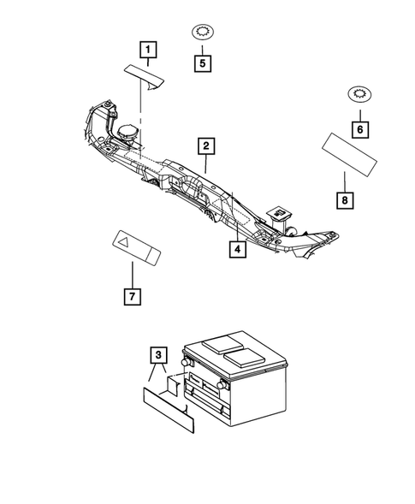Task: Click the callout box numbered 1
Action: pyautogui.click(x=149, y=49)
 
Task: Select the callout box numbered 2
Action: pyautogui.click(x=206, y=145)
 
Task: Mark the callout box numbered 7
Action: pyautogui.click(x=133, y=298)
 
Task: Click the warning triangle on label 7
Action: pyautogui.click(x=124, y=244)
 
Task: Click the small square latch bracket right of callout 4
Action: pyautogui.click(x=278, y=212)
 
